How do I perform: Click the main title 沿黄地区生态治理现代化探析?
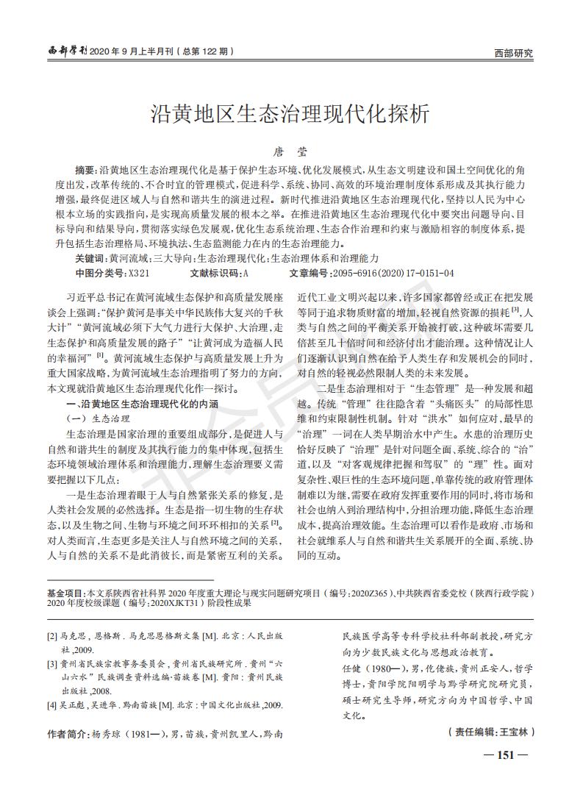tap(290, 115)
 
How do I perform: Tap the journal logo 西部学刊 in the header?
tap(67, 51)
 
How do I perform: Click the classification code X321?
tap(139, 274)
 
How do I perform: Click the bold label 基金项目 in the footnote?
tap(65, 592)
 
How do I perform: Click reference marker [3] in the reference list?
tap(52, 664)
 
